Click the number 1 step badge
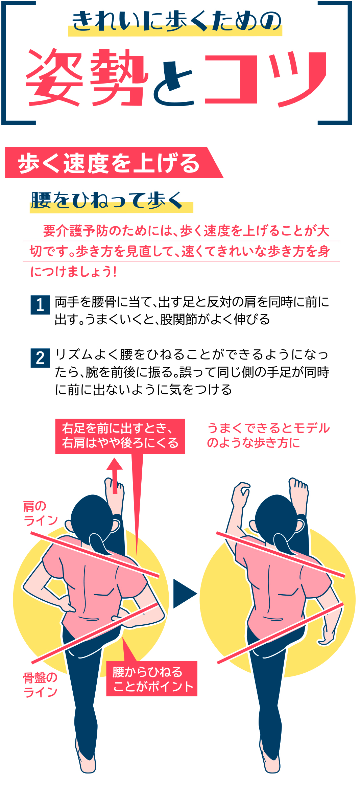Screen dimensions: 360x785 (40, 305)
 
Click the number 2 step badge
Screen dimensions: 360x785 (40, 358)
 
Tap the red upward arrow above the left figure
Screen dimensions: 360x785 (115, 476)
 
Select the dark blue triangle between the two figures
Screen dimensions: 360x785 (185, 594)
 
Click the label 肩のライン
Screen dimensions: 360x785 (40, 513)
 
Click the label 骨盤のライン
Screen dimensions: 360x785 (40, 685)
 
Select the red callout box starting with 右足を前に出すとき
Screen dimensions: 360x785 (120, 436)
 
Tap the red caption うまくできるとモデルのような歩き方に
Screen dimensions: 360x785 (268, 435)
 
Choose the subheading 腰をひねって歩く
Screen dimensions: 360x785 (107, 200)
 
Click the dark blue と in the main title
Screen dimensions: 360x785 (173, 83)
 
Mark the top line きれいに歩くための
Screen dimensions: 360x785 (176, 21)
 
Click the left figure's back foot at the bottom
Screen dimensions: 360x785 (87, 760)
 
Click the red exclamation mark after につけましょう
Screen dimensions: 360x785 (115, 272)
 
